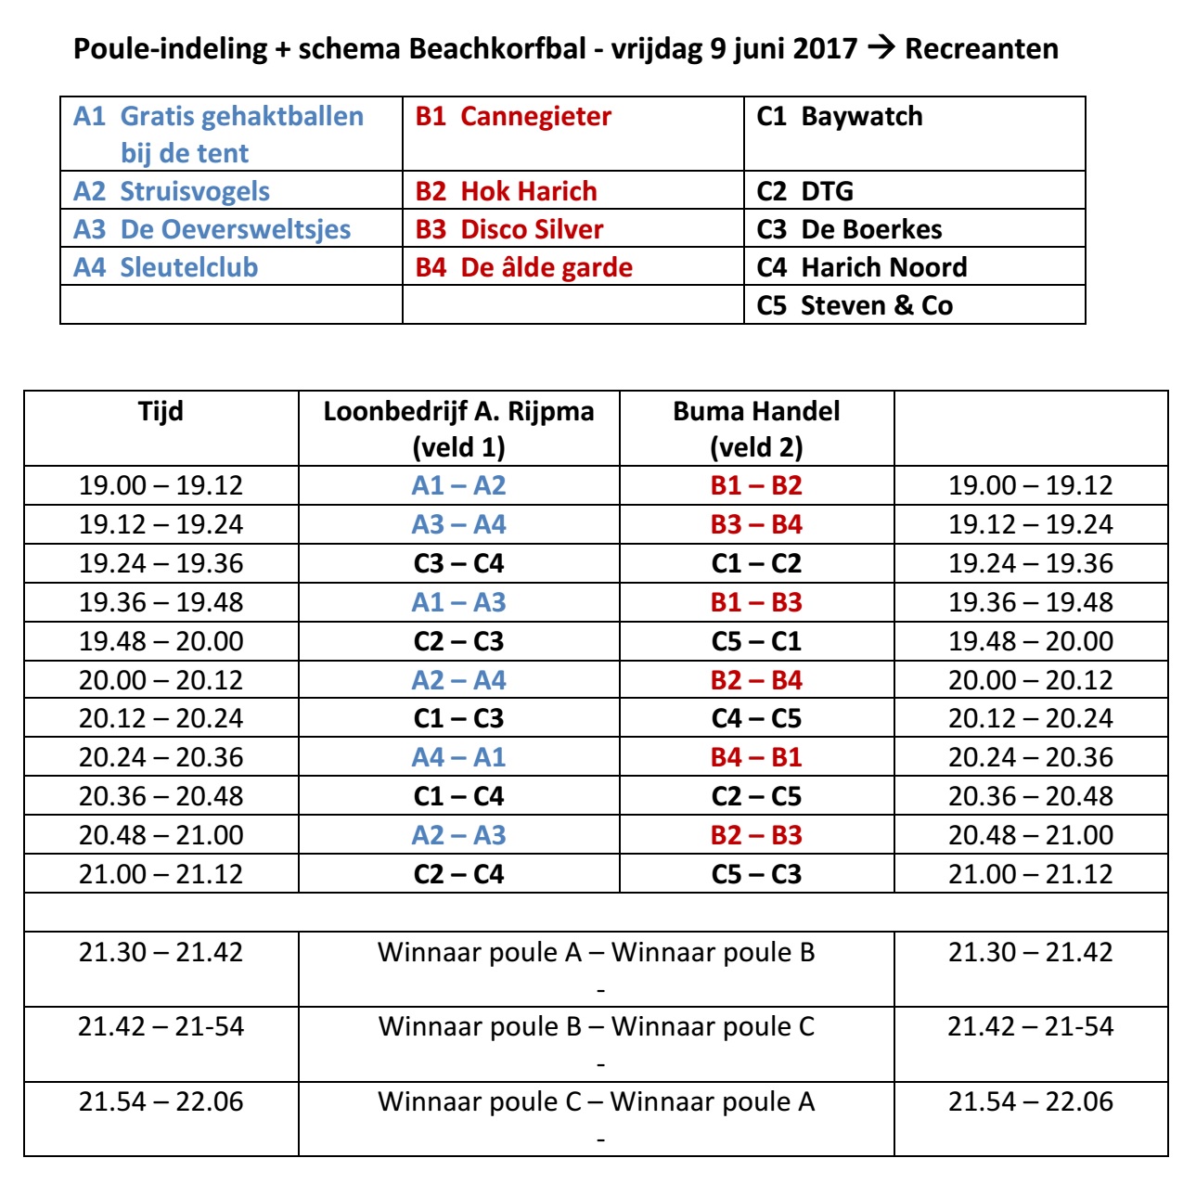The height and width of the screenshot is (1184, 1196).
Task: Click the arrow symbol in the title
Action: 880,48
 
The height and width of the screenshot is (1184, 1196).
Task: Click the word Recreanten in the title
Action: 982,48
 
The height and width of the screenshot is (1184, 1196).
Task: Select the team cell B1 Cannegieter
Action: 513,117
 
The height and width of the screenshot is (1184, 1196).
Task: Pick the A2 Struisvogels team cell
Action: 172,191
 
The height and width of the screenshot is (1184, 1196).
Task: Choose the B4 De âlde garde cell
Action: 524,267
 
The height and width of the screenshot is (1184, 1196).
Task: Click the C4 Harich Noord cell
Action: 862,267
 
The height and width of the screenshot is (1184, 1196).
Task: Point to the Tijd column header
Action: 161,411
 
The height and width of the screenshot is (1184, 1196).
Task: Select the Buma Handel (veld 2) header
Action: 756,428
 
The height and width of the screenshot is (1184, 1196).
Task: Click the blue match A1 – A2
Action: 458,485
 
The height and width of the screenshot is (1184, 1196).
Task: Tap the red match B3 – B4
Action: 756,524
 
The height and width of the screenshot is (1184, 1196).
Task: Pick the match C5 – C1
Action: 756,641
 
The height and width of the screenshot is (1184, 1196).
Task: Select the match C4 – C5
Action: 756,718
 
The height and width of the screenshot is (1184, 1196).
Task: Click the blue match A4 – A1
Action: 458,757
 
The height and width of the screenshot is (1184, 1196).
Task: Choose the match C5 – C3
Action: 756,874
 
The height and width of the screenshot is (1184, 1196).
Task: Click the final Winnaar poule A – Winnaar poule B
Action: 596,952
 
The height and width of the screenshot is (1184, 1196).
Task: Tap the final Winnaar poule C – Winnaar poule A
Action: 596,1101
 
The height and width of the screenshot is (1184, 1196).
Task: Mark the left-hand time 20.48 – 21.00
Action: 161,835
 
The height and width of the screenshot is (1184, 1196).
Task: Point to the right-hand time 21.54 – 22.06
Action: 1030,1101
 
